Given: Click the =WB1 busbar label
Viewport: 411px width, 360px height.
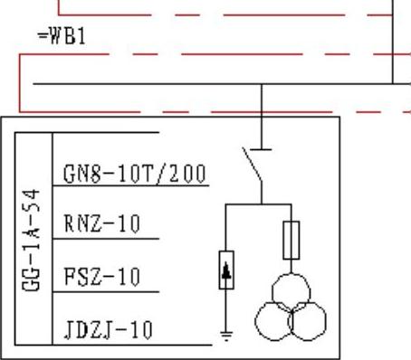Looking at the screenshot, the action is (62, 36).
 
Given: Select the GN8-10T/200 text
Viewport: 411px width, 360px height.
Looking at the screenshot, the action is (135, 174).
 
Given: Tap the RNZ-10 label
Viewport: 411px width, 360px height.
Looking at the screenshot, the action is (102, 223).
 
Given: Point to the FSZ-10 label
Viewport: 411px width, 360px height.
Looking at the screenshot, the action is (102, 277).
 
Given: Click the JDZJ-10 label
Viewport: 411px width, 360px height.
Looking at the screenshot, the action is (109, 330).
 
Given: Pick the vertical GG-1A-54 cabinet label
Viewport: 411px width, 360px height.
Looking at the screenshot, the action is (31, 241).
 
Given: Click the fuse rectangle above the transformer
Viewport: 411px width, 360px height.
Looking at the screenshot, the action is (292, 241).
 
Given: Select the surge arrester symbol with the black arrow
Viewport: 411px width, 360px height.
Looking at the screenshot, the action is (226, 270).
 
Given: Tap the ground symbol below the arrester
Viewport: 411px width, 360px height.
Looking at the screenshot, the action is (226, 336).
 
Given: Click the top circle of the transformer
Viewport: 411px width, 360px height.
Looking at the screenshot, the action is (292, 274).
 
